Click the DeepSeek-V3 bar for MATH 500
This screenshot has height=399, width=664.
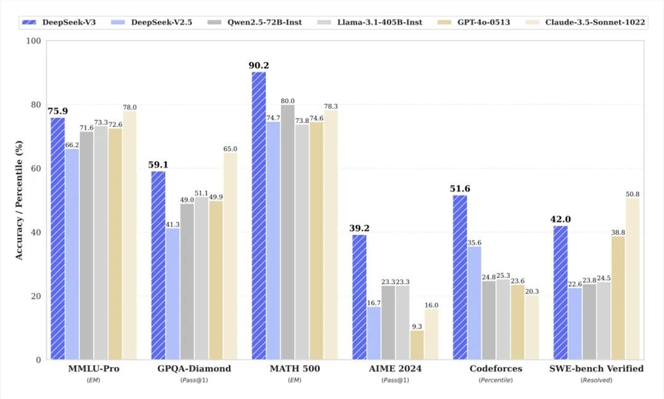click(x=259, y=216)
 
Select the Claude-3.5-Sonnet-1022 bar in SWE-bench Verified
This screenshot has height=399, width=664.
click(x=632, y=279)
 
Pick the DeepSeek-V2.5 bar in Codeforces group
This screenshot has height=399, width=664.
click(x=473, y=303)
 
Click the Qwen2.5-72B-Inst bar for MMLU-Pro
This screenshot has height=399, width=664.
click(x=86, y=246)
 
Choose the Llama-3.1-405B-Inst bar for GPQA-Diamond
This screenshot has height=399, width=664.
click(x=201, y=279)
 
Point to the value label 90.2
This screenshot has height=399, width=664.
click(x=258, y=65)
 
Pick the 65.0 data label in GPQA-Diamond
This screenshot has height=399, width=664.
click(x=230, y=149)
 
